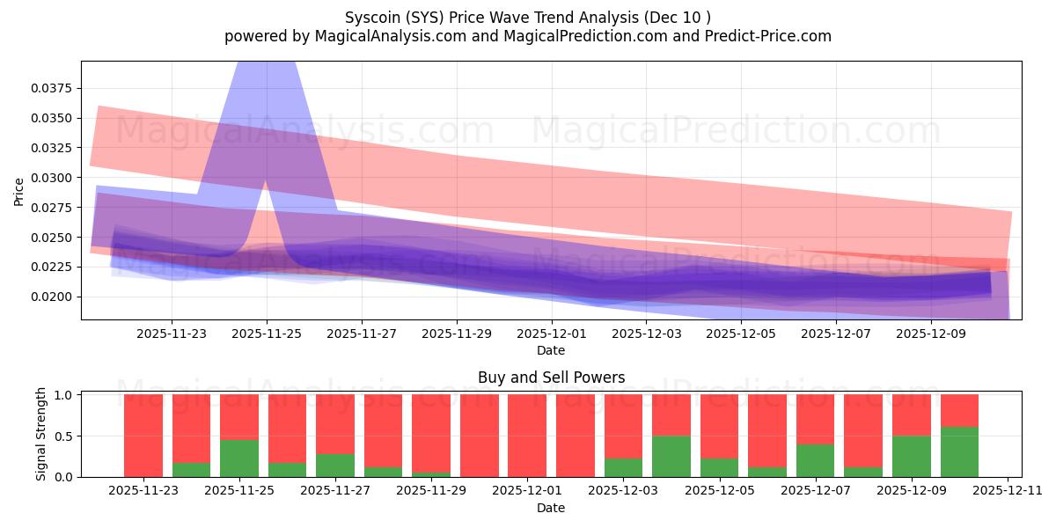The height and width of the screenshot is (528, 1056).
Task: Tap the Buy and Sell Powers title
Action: [551, 378]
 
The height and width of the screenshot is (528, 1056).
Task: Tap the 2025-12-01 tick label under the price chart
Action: [551, 334]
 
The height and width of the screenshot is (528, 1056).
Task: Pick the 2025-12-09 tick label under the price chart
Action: [931, 334]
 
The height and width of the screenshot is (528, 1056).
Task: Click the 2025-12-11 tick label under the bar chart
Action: [1007, 491]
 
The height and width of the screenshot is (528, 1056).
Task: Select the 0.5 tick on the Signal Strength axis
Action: [64, 436]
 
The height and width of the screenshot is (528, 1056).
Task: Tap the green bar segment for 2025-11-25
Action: [239, 458]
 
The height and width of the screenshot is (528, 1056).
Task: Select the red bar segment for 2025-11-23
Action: [143, 436]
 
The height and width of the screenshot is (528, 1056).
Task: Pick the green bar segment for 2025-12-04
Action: [671, 456]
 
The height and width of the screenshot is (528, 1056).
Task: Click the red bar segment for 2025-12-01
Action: [527, 436]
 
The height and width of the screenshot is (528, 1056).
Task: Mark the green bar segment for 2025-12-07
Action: [815, 460]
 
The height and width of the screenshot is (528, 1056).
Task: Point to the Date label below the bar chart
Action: [551, 508]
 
